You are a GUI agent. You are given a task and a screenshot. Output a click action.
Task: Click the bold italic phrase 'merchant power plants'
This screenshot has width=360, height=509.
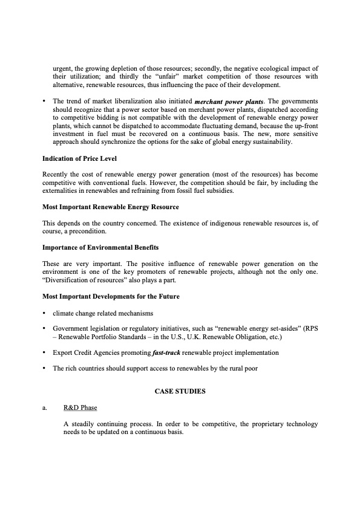click(x=228, y=101)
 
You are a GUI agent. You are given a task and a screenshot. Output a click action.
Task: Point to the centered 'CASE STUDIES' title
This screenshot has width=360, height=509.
click(x=180, y=392)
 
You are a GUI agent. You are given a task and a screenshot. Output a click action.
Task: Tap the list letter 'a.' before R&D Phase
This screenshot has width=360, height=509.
click(x=45, y=408)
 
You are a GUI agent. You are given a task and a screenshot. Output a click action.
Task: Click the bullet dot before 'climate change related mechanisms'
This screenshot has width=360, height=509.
click(x=44, y=313)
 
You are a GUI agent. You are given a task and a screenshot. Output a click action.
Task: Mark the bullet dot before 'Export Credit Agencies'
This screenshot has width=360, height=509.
click(x=44, y=352)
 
